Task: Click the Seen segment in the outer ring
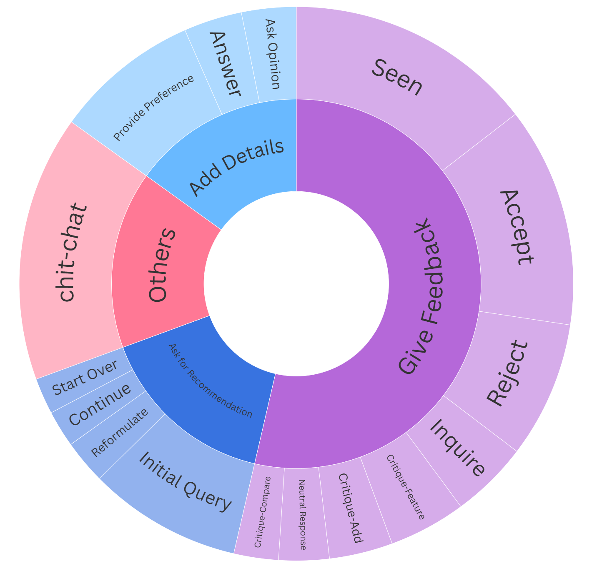pos(396,77)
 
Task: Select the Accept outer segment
pos(517,227)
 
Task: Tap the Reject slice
pos(507,373)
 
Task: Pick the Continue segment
pos(100,404)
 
